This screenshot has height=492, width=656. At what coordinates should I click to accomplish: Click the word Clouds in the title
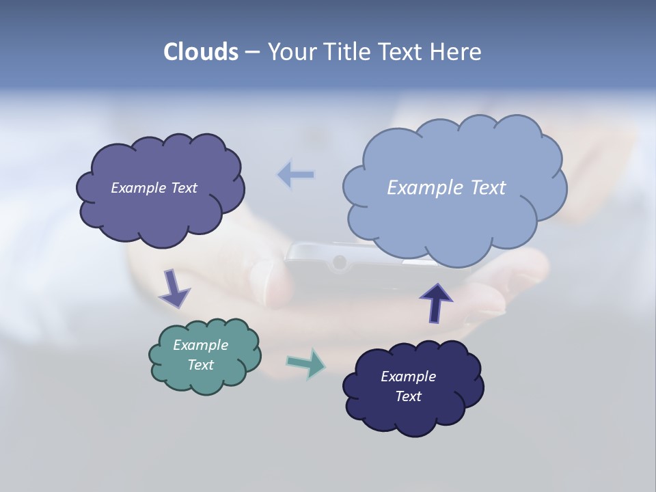(x=200, y=52)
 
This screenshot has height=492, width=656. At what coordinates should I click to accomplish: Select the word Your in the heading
(x=289, y=52)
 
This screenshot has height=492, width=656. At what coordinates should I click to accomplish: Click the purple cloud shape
(x=160, y=212)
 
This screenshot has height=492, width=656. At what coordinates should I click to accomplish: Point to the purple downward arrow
(x=174, y=289)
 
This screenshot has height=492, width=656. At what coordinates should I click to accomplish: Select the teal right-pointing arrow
(x=306, y=363)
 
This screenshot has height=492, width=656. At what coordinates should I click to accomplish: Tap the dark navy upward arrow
(x=436, y=303)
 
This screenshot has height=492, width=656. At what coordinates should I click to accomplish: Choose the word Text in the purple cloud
(x=183, y=188)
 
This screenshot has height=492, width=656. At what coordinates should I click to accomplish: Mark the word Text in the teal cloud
(x=200, y=365)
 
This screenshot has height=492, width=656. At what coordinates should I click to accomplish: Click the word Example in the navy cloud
(x=408, y=377)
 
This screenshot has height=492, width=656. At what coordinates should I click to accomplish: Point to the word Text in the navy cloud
(x=408, y=396)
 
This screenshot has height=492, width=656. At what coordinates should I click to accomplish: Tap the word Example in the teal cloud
(x=200, y=345)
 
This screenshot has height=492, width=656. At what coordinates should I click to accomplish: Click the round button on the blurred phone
(x=338, y=262)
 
